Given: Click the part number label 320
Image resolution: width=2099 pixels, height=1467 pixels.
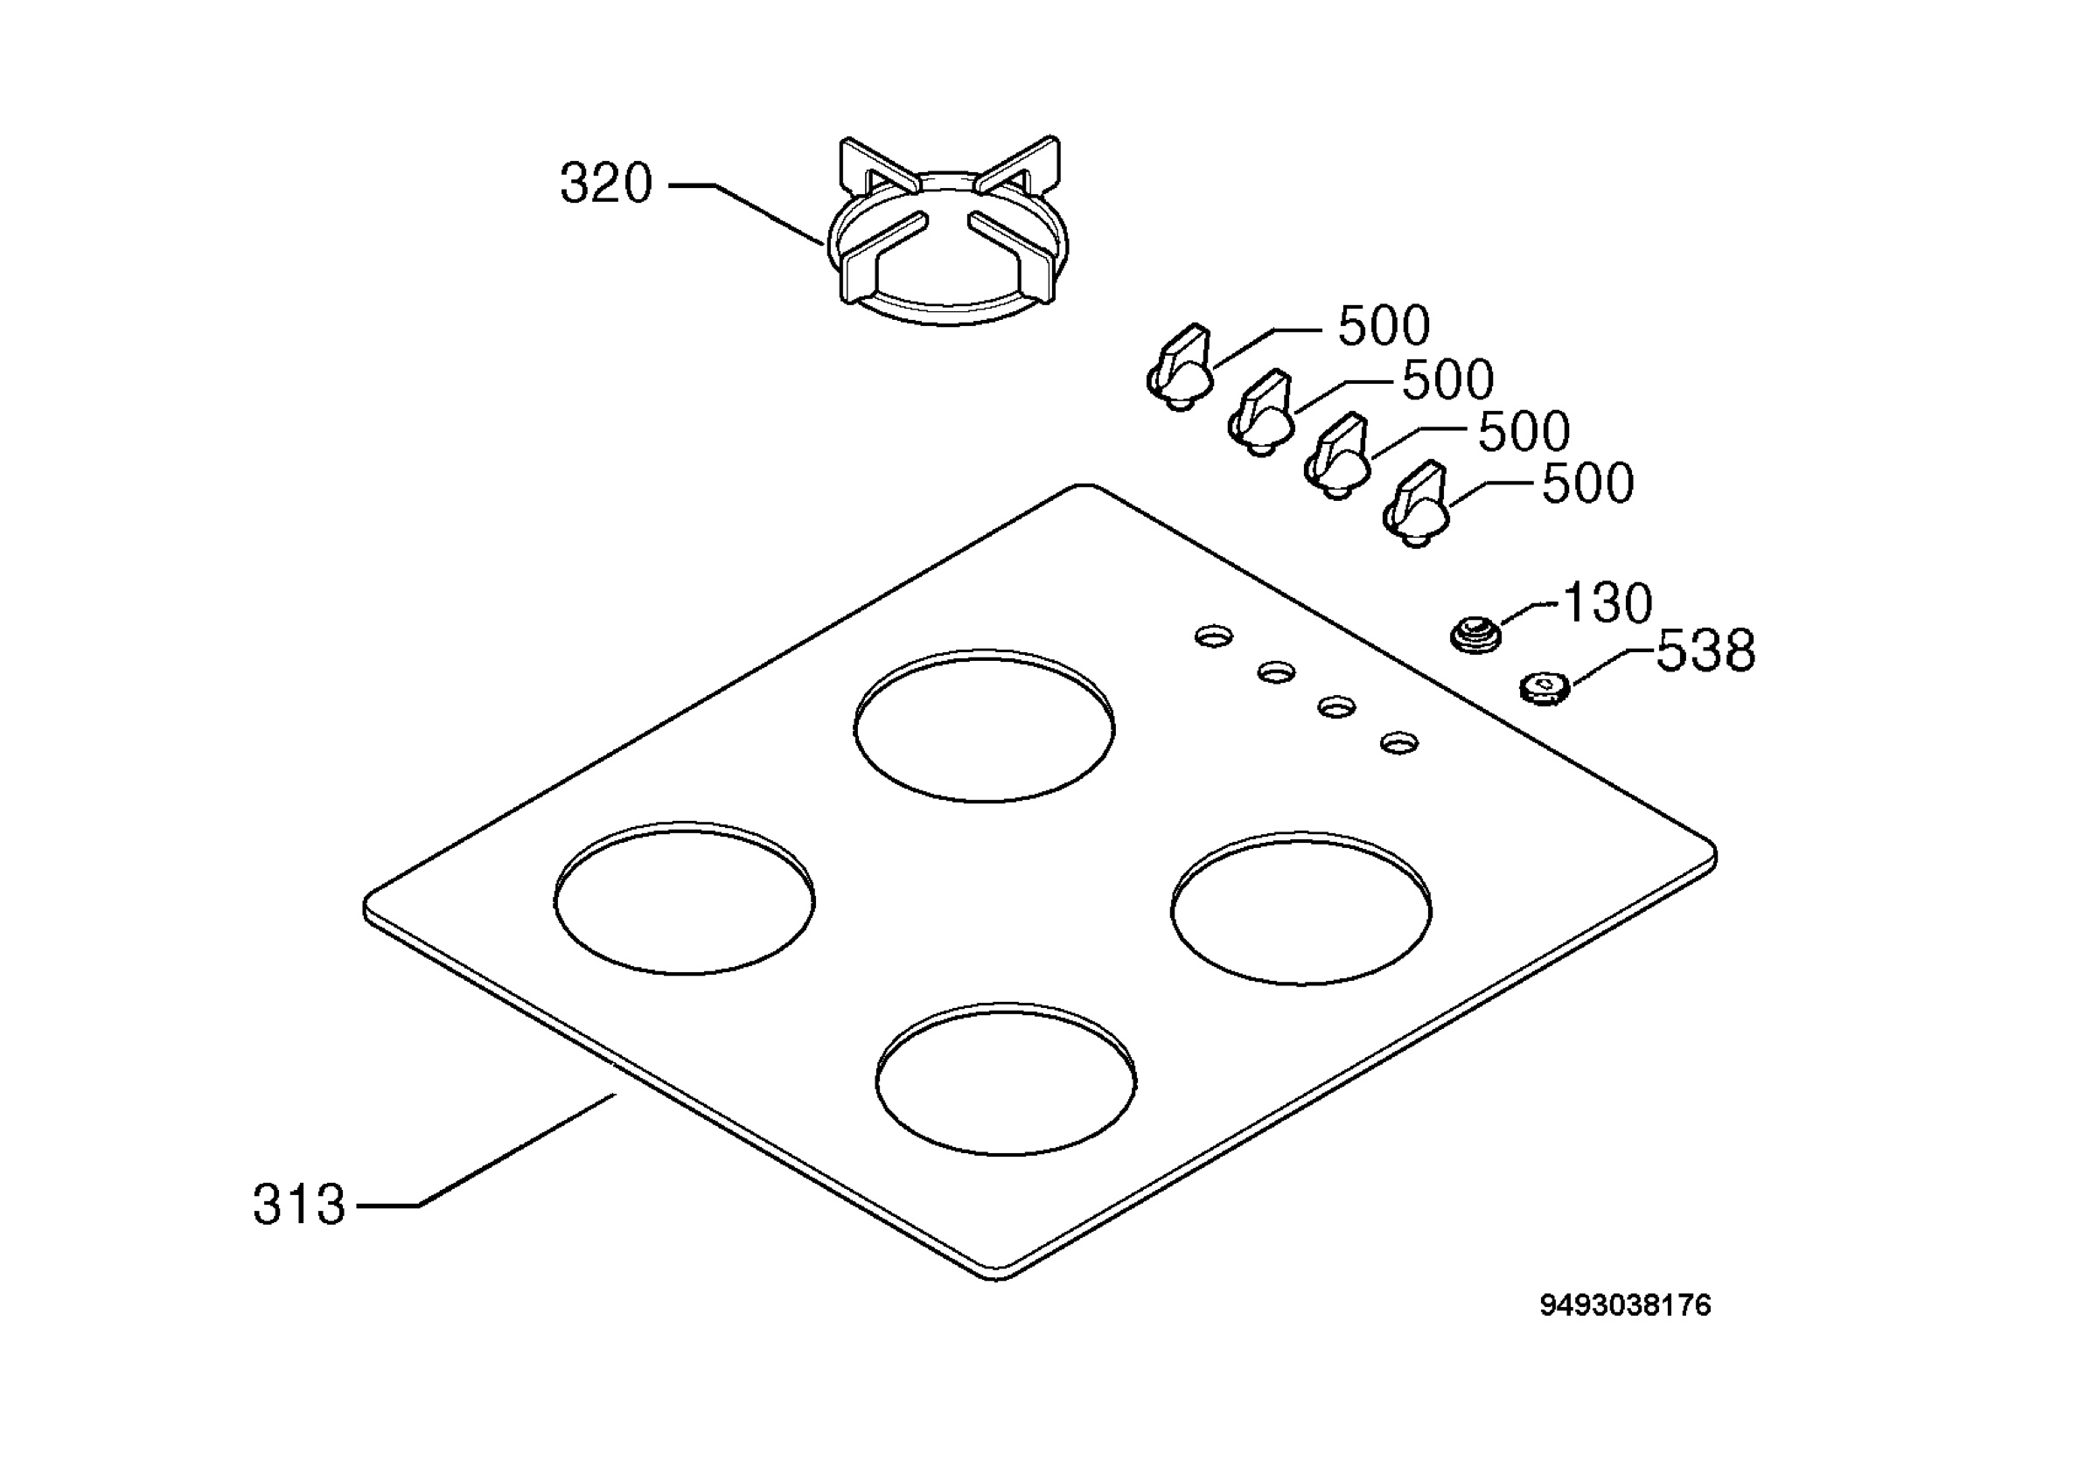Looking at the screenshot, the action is coord(606,184).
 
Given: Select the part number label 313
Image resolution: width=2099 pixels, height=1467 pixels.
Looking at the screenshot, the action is coord(300,1205).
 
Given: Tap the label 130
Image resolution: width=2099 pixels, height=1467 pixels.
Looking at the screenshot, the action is coord(1608,603).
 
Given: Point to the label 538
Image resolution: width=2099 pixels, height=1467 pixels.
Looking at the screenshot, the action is coord(1706,650).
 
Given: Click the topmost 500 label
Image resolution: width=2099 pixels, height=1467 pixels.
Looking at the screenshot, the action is coord(1384,325).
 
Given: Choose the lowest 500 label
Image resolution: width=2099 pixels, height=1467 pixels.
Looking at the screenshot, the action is coord(1588,483).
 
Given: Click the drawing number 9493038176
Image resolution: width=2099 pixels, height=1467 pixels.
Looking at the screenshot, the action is coord(1626,1305).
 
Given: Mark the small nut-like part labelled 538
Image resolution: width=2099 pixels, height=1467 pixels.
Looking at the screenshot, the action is coord(1545,687).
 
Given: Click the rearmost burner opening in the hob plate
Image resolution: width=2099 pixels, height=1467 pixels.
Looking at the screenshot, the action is coord(985,727).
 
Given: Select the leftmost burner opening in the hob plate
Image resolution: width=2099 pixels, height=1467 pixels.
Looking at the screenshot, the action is coord(685,898).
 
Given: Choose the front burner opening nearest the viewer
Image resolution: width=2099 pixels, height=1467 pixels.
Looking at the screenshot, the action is coord(1007,1079).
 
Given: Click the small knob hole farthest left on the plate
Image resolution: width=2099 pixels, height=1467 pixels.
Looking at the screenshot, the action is coord(1214,636).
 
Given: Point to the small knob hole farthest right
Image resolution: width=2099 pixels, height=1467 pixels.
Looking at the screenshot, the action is coord(1399,742).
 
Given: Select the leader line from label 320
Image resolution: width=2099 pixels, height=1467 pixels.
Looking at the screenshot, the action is coord(746,212).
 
